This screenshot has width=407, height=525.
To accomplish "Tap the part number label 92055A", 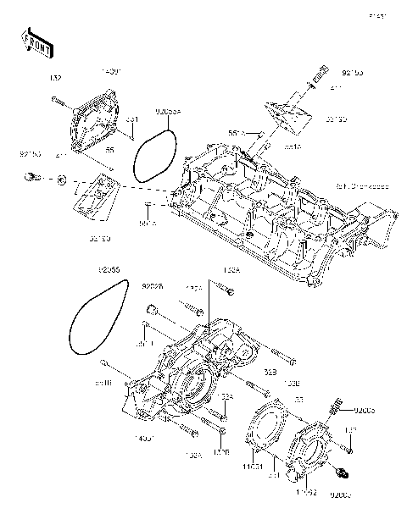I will (x=167, y=111).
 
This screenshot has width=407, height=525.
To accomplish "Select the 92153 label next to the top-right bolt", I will (x=352, y=75).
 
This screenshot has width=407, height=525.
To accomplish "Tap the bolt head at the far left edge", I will (x=32, y=177).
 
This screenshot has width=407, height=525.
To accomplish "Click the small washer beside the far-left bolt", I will (x=62, y=180).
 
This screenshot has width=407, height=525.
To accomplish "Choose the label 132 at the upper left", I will (x=56, y=78).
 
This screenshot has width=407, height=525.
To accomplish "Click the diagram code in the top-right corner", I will (x=376, y=15).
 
